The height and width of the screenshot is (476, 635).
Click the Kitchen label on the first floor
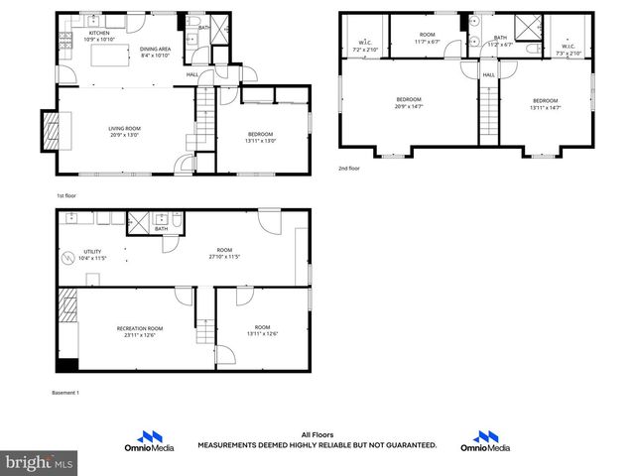[99, 34]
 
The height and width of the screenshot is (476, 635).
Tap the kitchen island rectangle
[111, 57]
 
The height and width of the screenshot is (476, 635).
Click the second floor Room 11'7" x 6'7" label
[428, 39]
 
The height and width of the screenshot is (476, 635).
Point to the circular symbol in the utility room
[68, 260]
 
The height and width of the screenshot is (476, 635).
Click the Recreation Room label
[140, 331]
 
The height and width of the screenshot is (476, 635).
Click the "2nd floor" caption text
[350, 170]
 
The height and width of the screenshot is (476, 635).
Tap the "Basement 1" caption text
[64, 393]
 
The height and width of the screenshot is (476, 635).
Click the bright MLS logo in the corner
[40, 462]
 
